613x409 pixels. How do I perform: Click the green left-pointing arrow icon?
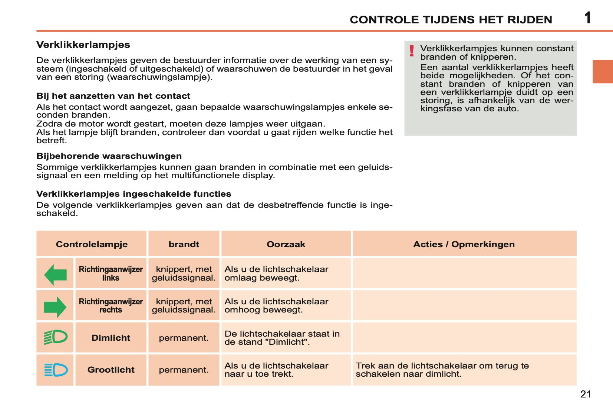click(x=55, y=275)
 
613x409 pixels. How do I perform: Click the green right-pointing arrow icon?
click(x=55, y=307)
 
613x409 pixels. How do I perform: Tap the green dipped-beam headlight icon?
click(x=56, y=337)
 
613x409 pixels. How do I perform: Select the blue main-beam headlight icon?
click(x=56, y=370)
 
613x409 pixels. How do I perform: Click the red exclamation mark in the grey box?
click(x=412, y=51)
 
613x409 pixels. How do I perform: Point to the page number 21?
click(x=586, y=394)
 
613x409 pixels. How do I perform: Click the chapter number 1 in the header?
click(x=587, y=18)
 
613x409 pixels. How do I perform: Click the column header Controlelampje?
click(x=92, y=244)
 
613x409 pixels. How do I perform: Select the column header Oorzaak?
click(x=286, y=244)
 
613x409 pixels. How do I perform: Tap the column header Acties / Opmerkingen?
click(x=464, y=244)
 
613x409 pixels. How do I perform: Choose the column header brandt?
click(x=184, y=244)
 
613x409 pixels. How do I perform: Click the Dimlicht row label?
click(x=111, y=338)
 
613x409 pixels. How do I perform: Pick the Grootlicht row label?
click(x=111, y=370)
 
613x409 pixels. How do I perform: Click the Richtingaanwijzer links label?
click(x=111, y=274)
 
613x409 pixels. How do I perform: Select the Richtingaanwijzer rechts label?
click(x=111, y=305)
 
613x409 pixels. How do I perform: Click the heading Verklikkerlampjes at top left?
click(x=83, y=45)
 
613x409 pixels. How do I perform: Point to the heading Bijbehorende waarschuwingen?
click(x=109, y=156)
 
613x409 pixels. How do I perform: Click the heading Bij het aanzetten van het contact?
click(x=113, y=96)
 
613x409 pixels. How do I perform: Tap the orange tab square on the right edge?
click(x=603, y=71)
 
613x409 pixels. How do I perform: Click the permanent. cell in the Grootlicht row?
click(x=184, y=370)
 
